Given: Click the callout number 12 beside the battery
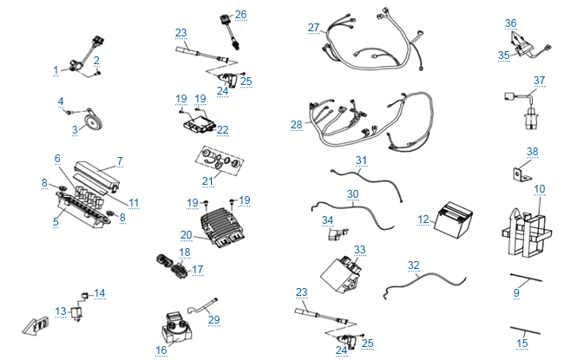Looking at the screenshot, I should tap(423, 219).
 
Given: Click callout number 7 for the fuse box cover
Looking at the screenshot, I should tap(120, 160).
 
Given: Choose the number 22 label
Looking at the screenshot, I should tap(223, 130).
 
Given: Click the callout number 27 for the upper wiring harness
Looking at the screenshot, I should tap(313, 28).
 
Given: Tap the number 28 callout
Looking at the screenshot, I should tap(297, 125).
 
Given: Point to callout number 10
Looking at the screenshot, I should tap(540, 188).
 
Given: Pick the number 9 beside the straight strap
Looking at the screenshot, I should tap(516, 293).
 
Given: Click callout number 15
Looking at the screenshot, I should tap(521, 344).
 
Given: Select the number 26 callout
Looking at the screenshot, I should tap(240, 15).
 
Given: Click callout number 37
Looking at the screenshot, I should tap(540, 81).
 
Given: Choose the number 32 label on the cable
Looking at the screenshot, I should tap(414, 265).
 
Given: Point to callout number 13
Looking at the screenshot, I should tap(61, 311).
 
